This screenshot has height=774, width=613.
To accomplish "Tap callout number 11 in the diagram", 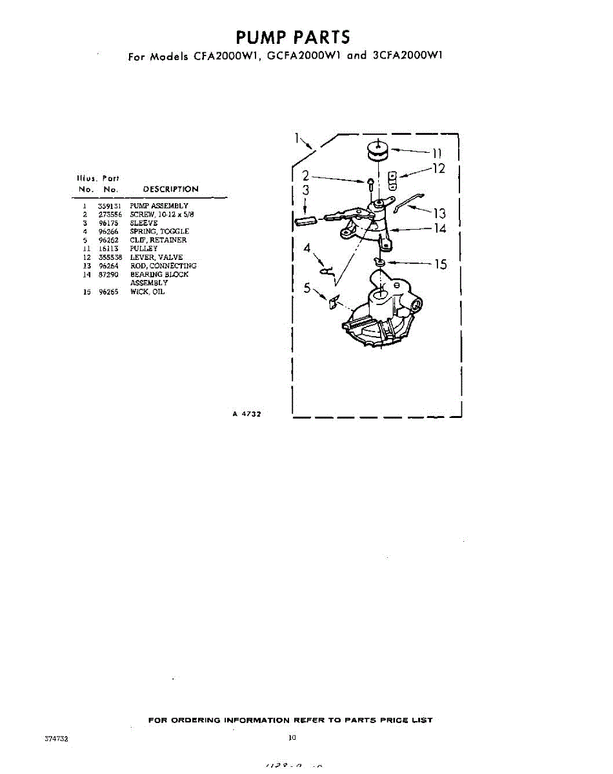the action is click(x=437, y=154).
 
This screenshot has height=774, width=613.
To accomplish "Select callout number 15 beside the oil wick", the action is click(x=440, y=264).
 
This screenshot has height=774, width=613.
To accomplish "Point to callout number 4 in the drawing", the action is click(x=308, y=248).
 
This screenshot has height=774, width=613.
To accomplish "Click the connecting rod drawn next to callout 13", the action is click(x=407, y=203).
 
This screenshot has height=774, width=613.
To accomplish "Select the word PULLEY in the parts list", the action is click(x=143, y=248).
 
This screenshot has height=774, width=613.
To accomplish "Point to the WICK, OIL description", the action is click(x=147, y=292).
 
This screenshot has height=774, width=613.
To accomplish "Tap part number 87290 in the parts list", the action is click(x=107, y=274).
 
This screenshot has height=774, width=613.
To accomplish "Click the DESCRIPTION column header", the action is click(x=170, y=189).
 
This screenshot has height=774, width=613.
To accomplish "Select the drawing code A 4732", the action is click(x=246, y=414).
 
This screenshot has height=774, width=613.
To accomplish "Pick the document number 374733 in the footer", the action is click(x=56, y=739).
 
